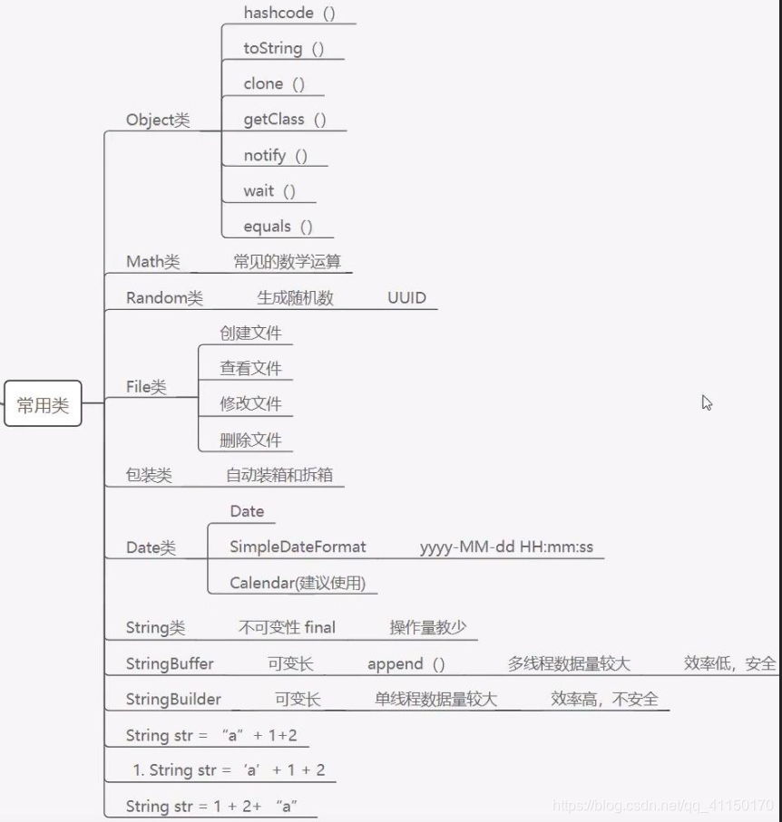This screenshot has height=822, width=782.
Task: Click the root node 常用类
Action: click(43, 405)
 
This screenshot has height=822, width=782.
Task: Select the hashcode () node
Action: click(289, 13)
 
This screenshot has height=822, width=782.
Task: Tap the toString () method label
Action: click(283, 49)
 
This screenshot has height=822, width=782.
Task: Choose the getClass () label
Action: click(285, 120)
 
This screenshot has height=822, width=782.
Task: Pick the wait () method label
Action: click(269, 191)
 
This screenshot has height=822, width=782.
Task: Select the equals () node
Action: click(278, 227)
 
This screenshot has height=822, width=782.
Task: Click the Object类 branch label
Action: click(158, 121)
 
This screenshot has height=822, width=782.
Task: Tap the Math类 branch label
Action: click(152, 262)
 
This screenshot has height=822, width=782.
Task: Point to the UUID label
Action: click(406, 298)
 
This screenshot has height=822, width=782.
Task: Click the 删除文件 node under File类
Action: click(250, 440)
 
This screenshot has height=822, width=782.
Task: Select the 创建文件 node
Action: click(250, 333)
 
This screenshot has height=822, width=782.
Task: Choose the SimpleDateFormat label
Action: click(298, 546)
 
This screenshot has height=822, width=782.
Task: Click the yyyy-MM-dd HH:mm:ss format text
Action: click(506, 546)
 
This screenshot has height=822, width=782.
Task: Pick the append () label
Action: click(406, 664)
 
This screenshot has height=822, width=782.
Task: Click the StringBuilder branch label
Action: click(172, 700)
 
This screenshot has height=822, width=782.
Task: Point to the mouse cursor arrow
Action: click(707, 402)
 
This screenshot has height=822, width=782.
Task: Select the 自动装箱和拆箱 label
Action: click(285, 476)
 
